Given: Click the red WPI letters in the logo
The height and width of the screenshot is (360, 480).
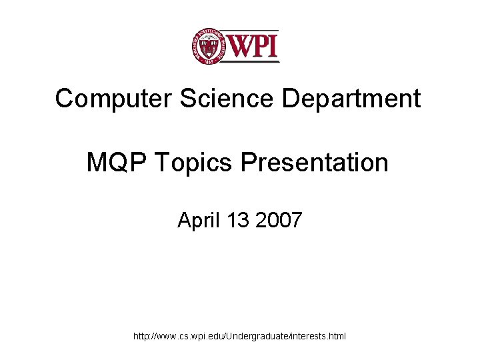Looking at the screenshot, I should coord(253,45).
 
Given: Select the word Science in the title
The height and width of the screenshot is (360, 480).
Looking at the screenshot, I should coord(215,99).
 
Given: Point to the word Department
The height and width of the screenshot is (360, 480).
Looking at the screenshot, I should coord(351,99).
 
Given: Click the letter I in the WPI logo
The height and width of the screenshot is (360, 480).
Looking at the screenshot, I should coord(273,45).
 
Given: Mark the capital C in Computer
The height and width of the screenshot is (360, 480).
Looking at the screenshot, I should coord(64,99).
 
